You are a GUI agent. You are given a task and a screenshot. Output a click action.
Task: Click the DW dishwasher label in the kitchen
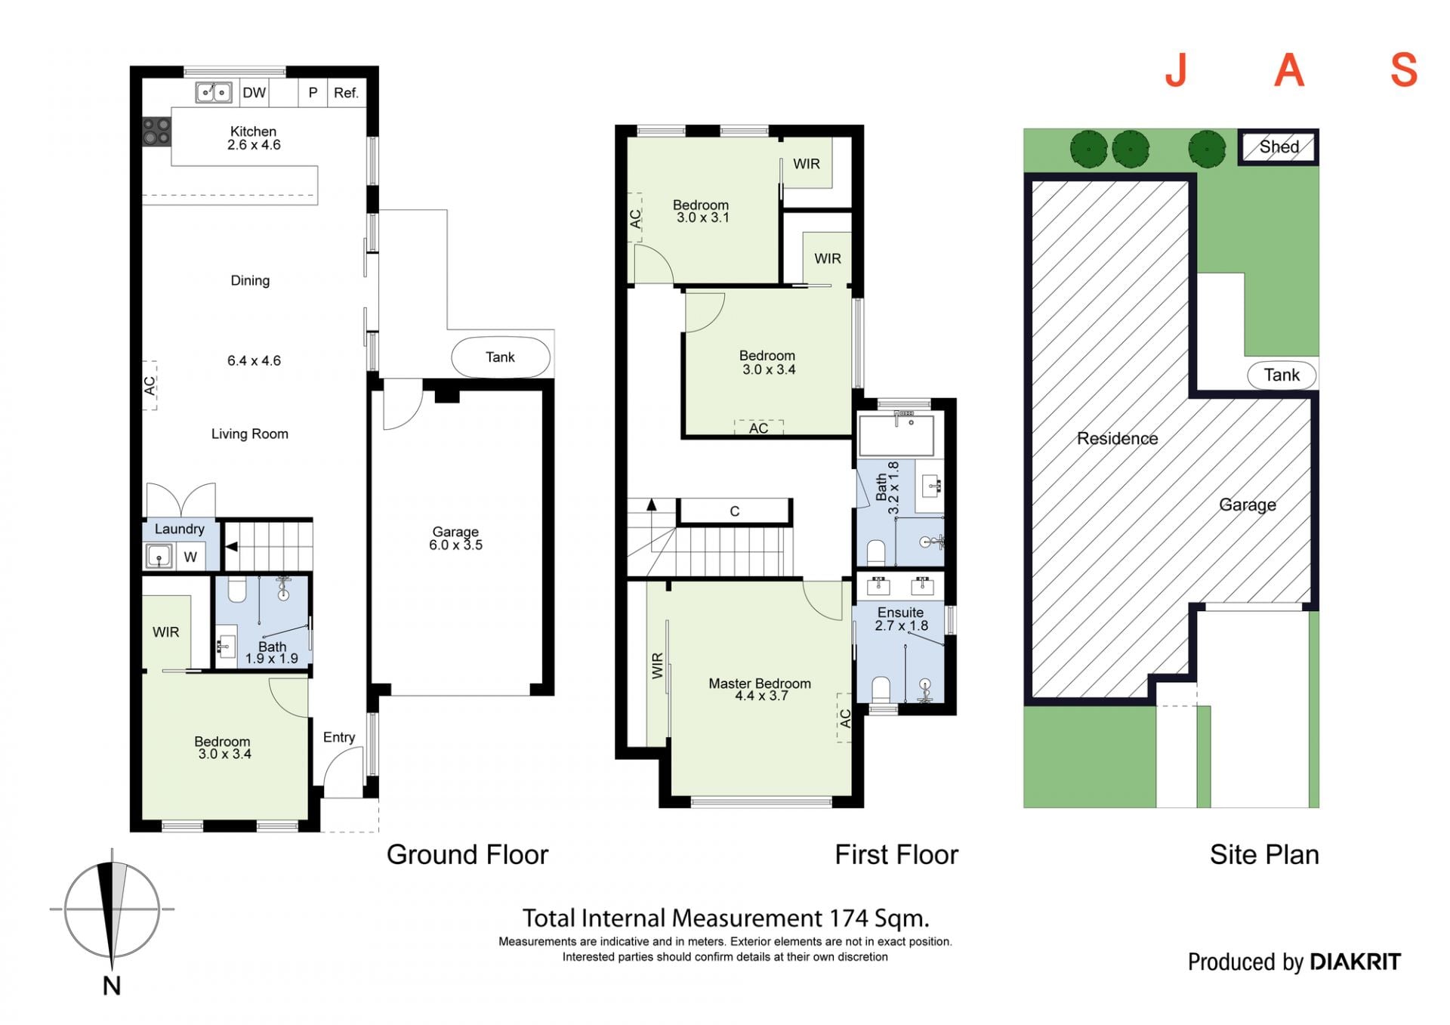254,93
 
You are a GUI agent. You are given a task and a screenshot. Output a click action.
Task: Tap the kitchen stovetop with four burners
157,131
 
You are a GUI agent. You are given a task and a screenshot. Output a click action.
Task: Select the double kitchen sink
214,92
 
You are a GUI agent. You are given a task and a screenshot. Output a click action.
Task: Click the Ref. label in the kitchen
346,93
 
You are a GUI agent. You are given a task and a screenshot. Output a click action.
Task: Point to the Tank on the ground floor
501,357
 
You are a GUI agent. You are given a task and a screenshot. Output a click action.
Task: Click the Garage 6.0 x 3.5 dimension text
455,545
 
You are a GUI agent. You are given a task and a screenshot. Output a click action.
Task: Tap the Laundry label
180,529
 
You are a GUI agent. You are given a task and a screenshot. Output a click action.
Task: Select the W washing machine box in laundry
190,557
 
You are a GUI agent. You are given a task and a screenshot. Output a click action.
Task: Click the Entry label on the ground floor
339,737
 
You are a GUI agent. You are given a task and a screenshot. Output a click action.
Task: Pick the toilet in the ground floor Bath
237,590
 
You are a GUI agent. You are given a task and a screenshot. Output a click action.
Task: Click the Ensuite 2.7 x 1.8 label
901,619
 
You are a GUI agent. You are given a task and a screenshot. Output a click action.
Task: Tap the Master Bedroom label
760,683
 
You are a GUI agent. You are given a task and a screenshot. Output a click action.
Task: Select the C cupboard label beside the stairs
735,511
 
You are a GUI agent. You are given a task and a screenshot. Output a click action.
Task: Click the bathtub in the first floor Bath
896,434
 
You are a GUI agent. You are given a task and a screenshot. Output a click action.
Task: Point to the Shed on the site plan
1279,147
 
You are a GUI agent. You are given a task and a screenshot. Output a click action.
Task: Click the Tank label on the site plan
1282,375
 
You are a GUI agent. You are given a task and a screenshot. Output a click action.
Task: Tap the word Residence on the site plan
1117,438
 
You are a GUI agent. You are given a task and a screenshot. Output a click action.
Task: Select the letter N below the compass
112,985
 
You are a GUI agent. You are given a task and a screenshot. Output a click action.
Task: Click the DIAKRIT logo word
1355,962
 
